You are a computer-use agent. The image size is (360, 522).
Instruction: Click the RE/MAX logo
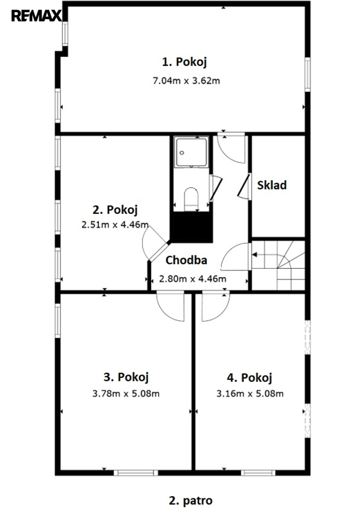(37, 16)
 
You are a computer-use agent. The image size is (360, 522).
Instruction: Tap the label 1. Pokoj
(184, 62)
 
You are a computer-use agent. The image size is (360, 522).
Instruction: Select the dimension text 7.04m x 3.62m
(186, 80)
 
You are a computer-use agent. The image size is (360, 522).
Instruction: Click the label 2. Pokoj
(115, 210)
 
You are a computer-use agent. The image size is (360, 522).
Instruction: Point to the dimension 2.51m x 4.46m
(115, 224)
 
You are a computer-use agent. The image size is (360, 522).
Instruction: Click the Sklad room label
(272, 184)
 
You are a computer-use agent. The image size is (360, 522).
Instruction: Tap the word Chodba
(186, 260)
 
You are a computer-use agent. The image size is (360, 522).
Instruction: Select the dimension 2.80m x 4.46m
(192, 278)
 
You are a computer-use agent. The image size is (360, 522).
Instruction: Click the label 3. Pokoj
(126, 377)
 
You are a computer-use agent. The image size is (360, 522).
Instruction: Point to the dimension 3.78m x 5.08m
(126, 394)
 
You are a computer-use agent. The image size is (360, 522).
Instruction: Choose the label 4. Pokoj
(249, 377)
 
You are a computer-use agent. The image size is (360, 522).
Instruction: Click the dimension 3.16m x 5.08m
(250, 394)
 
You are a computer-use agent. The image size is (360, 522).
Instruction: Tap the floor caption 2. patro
(191, 501)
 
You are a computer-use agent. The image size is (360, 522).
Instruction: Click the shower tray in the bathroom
(191, 152)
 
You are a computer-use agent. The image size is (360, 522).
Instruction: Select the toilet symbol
(191, 199)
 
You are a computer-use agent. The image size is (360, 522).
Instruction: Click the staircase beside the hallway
(278, 265)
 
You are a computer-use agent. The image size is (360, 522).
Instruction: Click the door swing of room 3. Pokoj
(170, 306)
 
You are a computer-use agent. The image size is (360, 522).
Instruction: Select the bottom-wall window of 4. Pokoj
(258, 472)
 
